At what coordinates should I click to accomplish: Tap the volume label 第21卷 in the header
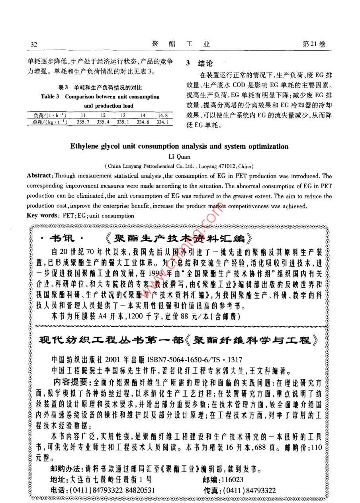click(314, 44)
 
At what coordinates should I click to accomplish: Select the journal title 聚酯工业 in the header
click(181, 44)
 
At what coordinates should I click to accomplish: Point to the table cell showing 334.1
click(162, 122)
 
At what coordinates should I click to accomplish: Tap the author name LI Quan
click(179, 156)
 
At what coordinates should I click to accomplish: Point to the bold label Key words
click(41, 216)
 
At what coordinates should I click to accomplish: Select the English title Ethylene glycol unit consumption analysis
click(179, 146)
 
